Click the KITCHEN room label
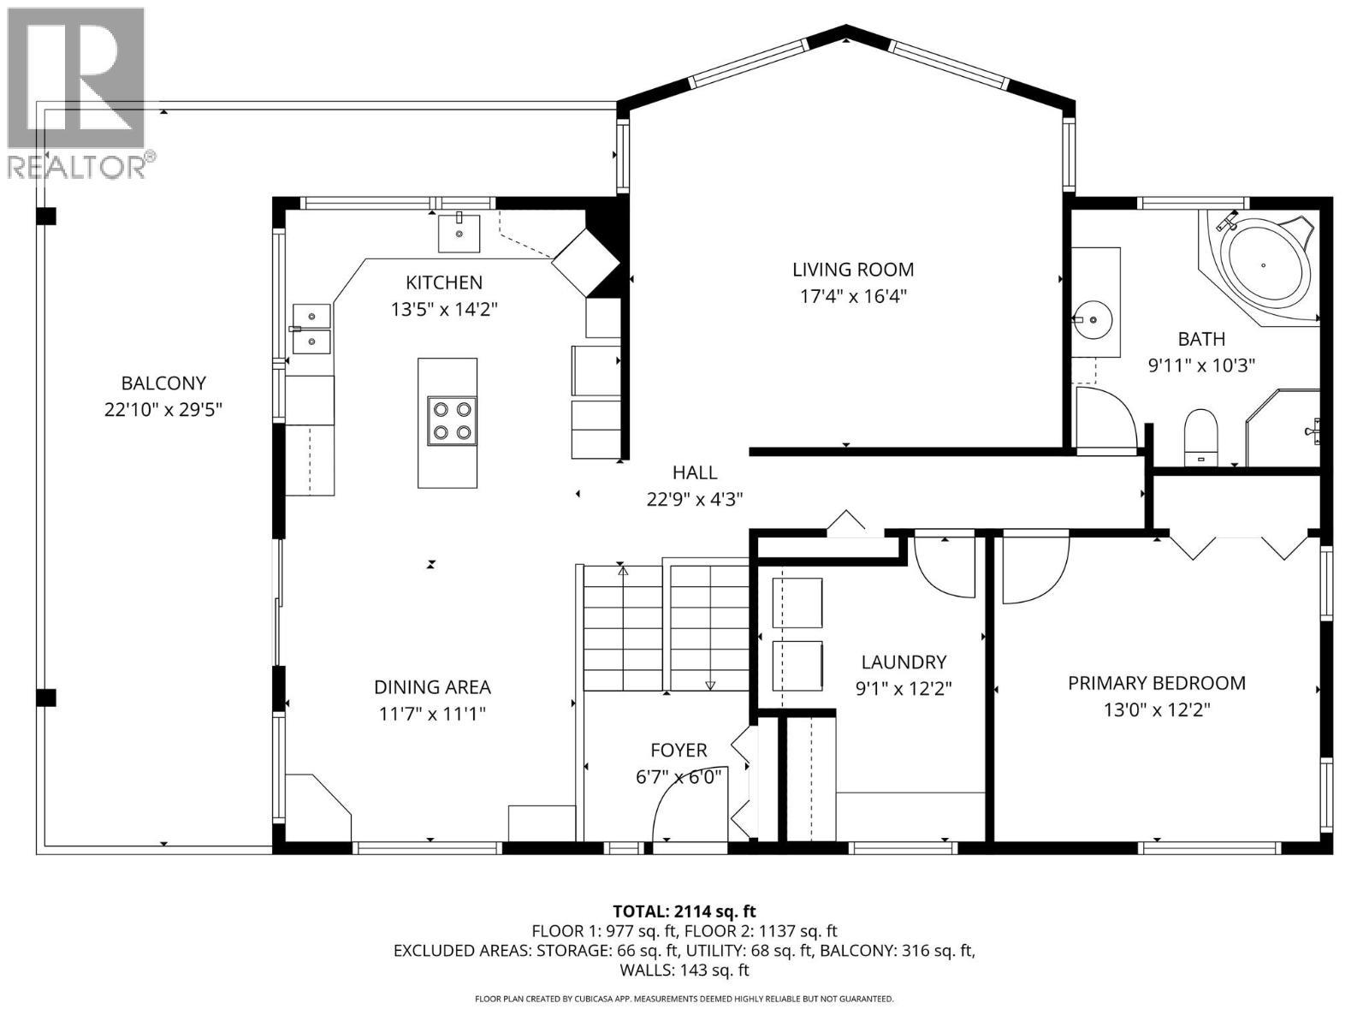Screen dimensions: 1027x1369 (x=443, y=282)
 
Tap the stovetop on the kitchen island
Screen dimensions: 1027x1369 (x=451, y=422)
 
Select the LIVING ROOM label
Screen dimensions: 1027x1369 (x=852, y=270)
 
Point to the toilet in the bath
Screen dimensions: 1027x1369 (x=1200, y=436)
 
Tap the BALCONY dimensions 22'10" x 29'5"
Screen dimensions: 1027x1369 (x=163, y=410)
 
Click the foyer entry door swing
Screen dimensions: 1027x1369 (x=684, y=800)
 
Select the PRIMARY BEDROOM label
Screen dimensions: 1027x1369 (x=1156, y=683)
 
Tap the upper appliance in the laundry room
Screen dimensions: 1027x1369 (x=797, y=603)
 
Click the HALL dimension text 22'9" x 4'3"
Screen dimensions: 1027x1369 (x=694, y=499)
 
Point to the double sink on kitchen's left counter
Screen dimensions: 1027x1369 (x=311, y=329)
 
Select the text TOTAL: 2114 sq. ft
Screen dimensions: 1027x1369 (x=684, y=911)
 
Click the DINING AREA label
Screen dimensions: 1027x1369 (x=432, y=686)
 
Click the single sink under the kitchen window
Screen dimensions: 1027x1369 (x=459, y=234)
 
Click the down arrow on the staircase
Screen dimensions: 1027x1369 (x=709, y=685)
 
